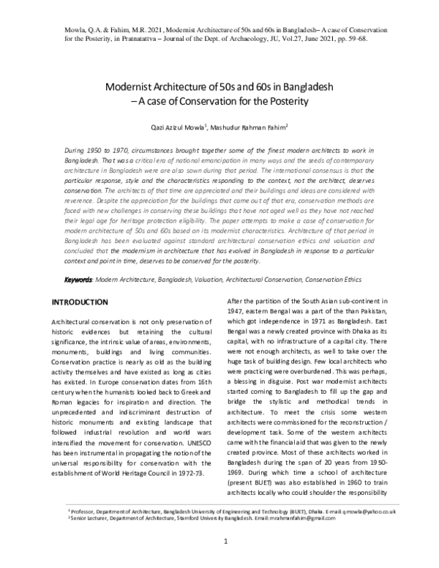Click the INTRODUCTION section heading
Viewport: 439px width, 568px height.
point(80,302)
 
